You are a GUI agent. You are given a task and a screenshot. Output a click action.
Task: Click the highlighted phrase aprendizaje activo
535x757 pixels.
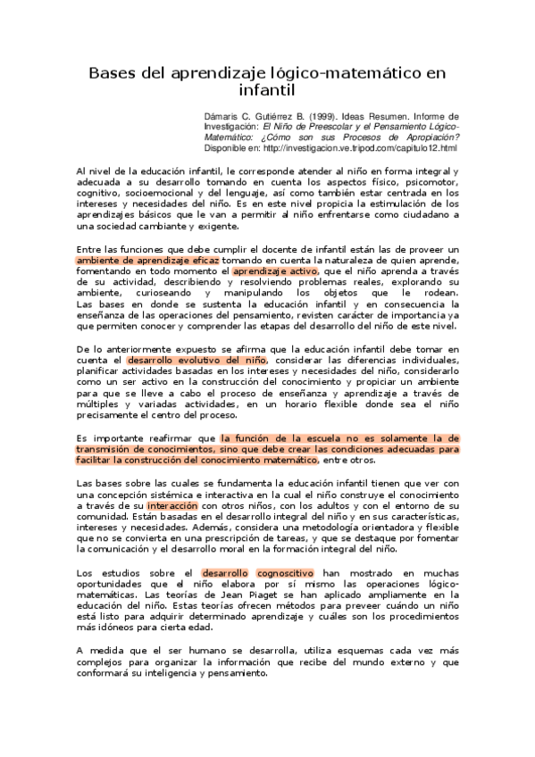pos(275,270)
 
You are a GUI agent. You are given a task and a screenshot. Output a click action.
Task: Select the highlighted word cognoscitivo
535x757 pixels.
pos(286,572)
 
